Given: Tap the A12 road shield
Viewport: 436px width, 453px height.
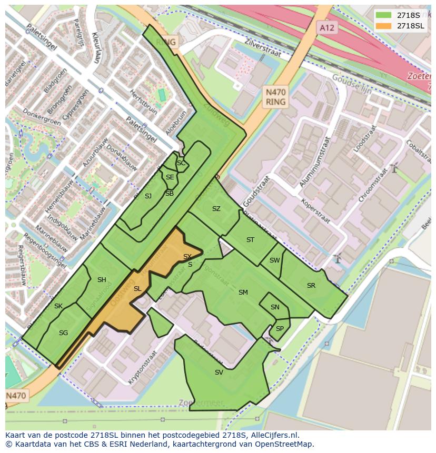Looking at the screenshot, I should [326, 27].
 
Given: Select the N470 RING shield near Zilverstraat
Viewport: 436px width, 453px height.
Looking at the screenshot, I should [275, 97].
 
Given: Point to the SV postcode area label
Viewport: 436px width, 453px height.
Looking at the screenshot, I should [219, 373].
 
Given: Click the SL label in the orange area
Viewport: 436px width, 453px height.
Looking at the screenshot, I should [137, 289].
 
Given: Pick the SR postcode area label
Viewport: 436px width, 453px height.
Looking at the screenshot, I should [311, 286].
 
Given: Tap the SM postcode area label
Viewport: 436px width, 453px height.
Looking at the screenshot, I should [243, 293].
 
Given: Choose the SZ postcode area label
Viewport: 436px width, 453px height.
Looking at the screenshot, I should [216, 209].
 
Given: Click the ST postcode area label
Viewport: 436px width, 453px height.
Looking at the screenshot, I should [250, 240].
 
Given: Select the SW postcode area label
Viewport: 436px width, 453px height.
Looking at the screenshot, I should [274, 260].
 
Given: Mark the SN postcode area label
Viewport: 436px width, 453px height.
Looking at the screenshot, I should [275, 307].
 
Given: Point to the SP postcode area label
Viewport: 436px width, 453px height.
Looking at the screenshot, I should [280, 329].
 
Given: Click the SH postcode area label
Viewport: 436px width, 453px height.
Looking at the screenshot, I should [102, 280].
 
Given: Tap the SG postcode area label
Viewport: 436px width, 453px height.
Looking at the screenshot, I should [63, 333].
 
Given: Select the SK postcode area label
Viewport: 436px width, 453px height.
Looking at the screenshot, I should [58, 306].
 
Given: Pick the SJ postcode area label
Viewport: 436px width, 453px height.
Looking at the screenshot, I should [148, 196].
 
